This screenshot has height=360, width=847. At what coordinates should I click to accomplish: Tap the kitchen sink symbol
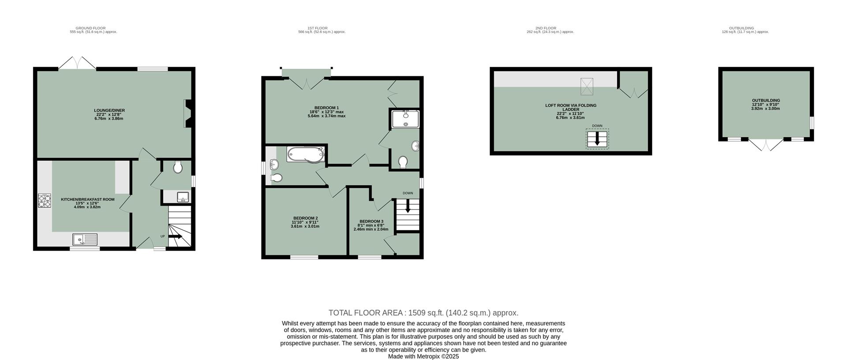coord(85,240)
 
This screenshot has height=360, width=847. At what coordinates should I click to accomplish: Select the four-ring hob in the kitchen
coord(45,201)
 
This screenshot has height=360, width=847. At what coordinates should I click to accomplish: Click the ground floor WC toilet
coord(178,167)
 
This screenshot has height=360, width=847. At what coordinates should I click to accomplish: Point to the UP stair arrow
coord(175,237)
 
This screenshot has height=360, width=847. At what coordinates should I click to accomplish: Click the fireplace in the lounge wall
coord(188,113)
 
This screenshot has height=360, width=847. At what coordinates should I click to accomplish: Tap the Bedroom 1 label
coord(326,108)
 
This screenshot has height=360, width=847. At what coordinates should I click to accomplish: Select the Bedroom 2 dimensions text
coord(305,224)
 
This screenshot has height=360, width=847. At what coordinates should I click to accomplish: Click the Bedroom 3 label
coord(371,221)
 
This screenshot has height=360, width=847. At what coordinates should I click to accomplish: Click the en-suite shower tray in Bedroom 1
coord(405,119)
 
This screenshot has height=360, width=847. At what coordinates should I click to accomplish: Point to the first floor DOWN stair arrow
coord(407,207)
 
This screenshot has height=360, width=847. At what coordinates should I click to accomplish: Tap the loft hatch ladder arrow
coord(597,139)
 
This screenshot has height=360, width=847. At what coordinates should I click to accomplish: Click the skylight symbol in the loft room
coord(587,86)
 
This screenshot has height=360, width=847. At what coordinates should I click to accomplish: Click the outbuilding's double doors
coord(766,144)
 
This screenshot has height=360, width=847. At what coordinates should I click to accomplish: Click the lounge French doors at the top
coord(77,63)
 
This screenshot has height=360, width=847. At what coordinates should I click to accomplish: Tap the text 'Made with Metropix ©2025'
coord(423,356)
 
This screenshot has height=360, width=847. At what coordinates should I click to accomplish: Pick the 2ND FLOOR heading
coord(550,28)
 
